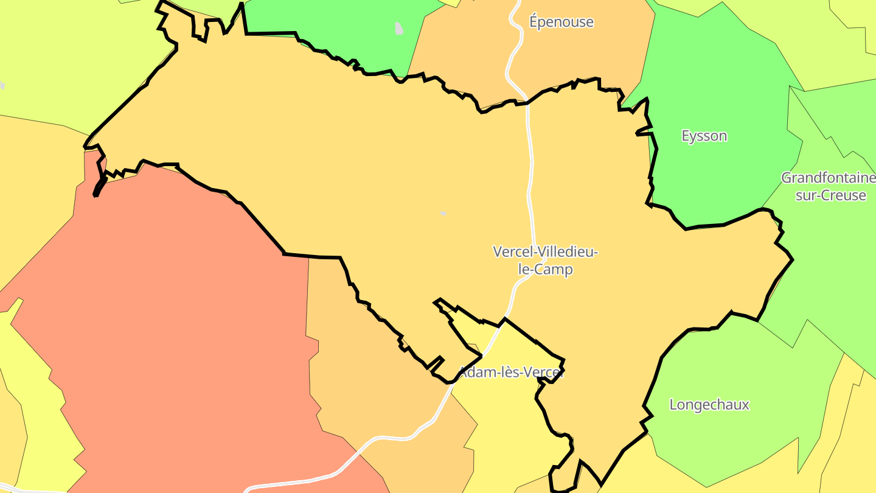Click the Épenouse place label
(561, 23)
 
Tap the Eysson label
(704, 136)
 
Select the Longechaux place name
(709, 405)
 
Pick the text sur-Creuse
(830, 196)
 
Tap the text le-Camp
(545, 269)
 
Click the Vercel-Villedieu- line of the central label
(545, 251)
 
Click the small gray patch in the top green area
(399, 28)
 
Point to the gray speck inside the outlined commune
(443, 213)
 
